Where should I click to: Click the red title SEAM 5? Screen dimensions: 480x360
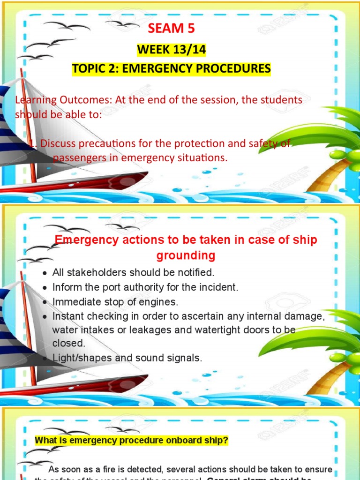tap(171, 29)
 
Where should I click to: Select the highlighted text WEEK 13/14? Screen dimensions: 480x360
tap(171, 49)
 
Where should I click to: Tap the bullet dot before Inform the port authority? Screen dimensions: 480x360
tap(44, 287)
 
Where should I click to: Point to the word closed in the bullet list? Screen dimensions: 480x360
tap(68, 343)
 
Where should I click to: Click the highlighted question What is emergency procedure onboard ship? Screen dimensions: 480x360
tap(132, 441)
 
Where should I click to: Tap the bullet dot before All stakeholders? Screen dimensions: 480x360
tap(44, 273)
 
